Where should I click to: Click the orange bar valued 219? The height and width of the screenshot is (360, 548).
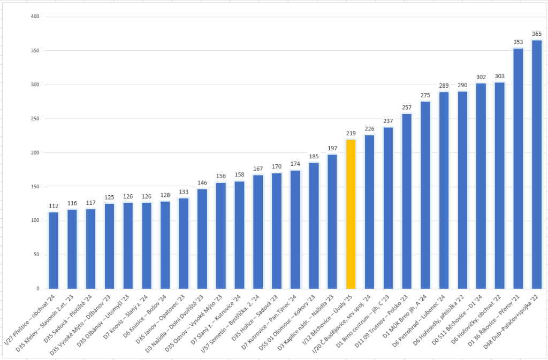pos(351,214)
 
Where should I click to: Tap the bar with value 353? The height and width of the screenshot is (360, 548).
pos(518,168)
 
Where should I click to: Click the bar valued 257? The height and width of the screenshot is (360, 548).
pos(407,201)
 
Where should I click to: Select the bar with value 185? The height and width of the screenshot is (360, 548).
pos(314,225)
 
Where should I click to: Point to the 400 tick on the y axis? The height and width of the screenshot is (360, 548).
pos(35,17)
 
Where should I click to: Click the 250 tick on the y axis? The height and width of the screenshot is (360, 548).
pos(35,119)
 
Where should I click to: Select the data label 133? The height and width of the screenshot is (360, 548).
pos(183,192)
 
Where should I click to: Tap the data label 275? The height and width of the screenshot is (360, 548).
pos(425,95)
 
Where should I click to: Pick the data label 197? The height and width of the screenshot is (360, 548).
pos(332,148)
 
